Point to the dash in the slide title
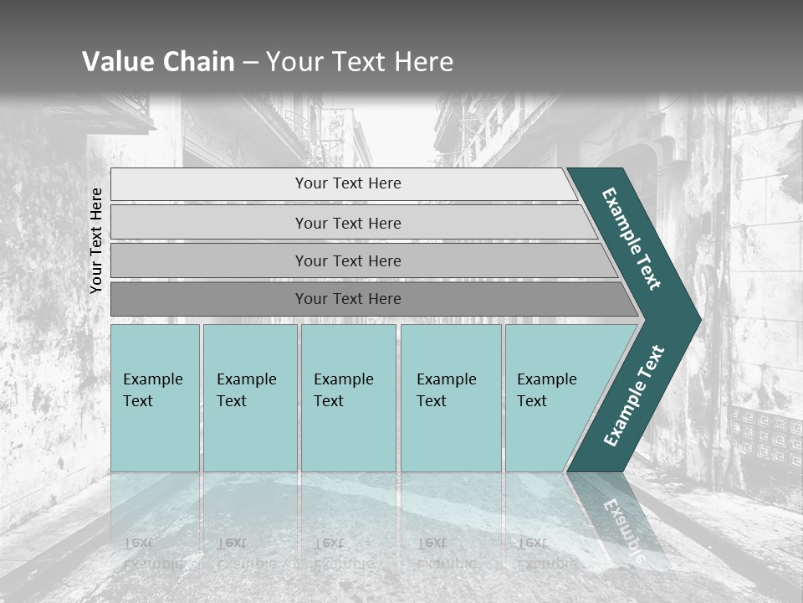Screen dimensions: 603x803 click(x=250, y=62)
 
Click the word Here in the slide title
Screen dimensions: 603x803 click(x=422, y=61)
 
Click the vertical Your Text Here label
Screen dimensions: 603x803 click(x=96, y=240)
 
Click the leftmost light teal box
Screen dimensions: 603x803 click(x=155, y=398)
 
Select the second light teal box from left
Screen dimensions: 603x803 click(x=249, y=398)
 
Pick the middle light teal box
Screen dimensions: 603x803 click(x=348, y=398)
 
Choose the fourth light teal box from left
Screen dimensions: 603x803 click(x=451, y=398)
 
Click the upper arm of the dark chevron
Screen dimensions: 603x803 click(x=632, y=238)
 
